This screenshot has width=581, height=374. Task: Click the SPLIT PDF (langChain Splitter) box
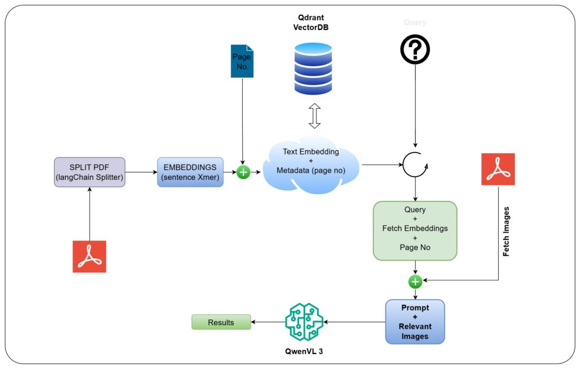pyautogui.click(x=90, y=172)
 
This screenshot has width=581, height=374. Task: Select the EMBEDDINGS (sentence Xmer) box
pyautogui.click(x=191, y=172)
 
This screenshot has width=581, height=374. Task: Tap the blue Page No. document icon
pyautogui.click(x=242, y=61)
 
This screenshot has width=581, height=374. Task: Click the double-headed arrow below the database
pyautogui.click(x=314, y=116)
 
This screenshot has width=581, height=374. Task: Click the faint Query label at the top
pyautogui.click(x=415, y=23)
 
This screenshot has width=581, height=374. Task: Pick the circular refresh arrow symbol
pyautogui.click(x=415, y=165)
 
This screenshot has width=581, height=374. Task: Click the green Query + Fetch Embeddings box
pyautogui.click(x=415, y=230)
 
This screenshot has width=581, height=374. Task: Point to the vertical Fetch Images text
pyautogui.click(x=506, y=231)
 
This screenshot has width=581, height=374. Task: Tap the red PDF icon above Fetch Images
pyautogui.click(x=498, y=169)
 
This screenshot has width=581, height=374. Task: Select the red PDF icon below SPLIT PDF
pyautogui.click(x=90, y=256)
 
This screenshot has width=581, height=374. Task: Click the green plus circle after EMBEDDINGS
pyautogui.click(x=243, y=172)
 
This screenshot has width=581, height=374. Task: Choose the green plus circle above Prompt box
pyautogui.click(x=415, y=281)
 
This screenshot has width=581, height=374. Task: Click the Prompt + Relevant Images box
pyautogui.click(x=415, y=322)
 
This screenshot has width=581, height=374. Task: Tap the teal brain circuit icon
pyautogui.click(x=304, y=322)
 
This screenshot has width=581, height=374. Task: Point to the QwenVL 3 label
pyautogui.click(x=304, y=351)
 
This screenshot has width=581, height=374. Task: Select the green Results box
pyautogui.click(x=221, y=322)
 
